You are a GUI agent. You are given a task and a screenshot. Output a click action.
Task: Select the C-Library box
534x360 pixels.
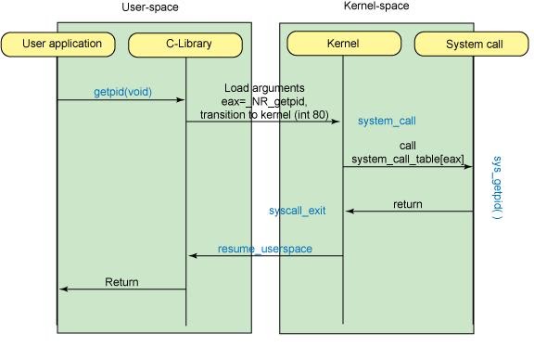(x=185, y=44)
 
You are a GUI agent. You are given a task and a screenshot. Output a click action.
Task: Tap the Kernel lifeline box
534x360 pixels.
(x=343, y=43)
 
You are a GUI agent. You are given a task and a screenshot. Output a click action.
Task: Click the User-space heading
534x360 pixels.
(x=149, y=7)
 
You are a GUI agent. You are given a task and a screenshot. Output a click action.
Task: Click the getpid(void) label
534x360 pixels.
(x=122, y=93)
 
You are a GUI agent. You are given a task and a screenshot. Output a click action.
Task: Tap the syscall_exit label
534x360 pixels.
(x=297, y=212)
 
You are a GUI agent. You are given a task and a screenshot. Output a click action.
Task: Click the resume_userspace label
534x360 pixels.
(x=264, y=249)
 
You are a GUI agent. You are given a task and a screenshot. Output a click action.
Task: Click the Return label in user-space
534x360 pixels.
(x=121, y=282)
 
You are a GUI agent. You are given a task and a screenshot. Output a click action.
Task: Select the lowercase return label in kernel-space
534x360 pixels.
(x=407, y=204)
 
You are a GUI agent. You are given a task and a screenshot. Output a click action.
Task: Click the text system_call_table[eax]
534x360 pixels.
(x=408, y=159)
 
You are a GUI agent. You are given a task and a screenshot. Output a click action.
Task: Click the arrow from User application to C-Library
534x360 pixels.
(x=121, y=100)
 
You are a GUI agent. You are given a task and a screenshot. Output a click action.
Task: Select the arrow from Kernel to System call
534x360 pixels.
(x=408, y=167)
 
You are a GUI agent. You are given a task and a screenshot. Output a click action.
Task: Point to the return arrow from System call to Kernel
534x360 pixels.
(x=408, y=212)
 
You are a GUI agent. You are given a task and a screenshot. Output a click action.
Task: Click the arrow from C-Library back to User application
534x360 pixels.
(x=121, y=289)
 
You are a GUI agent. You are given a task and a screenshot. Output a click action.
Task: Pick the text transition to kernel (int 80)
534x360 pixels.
(x=263, y=114)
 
